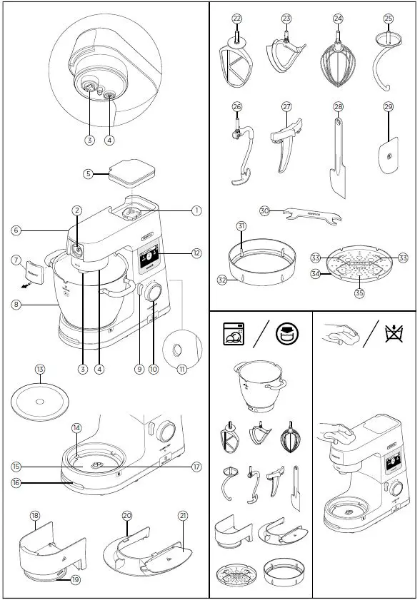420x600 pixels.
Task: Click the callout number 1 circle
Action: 196,210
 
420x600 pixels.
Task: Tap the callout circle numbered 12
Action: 196,253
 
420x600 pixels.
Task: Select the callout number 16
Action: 16,482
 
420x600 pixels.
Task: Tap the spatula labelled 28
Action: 337,161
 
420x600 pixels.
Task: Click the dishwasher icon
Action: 233,333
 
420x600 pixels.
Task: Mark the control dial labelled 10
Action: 153,294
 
